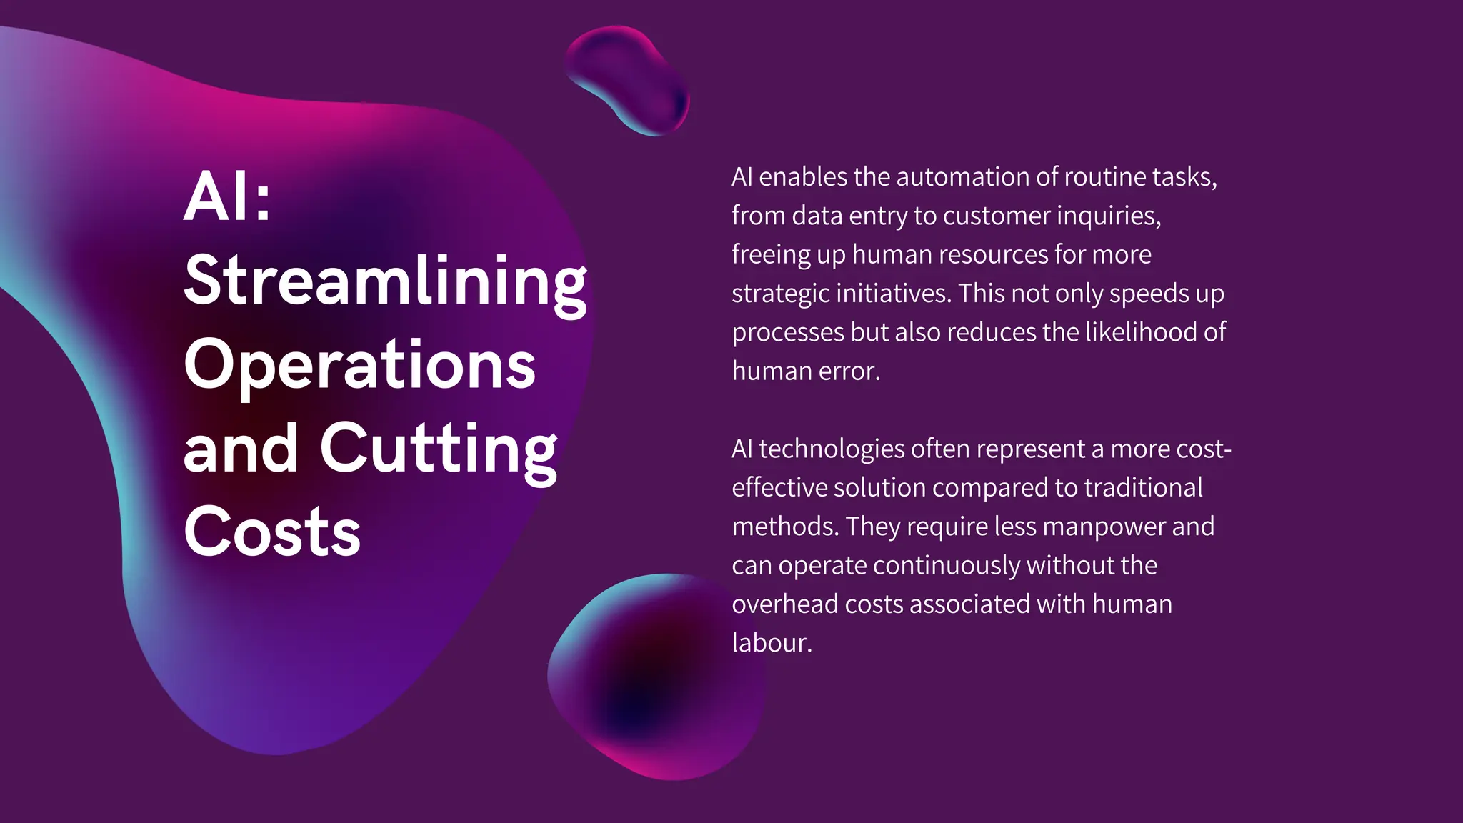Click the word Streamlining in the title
pyautogui.click(x=385, y=281)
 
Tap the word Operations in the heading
pyautogui.click(x=359, y=364)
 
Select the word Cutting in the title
pyautogui.click(x=438, y=449)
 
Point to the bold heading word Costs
pyautogui.click(x=272, y=532)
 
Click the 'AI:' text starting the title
pyautogui.click(x=227, y=196)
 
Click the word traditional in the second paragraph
pyautogui.click(x=1143, y=488)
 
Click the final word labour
pyautogui.click(x=772, y=643)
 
